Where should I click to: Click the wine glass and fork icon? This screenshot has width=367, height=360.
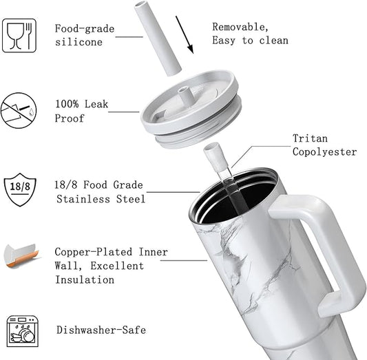point(19,36)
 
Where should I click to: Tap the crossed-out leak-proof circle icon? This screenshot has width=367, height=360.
point(19,110)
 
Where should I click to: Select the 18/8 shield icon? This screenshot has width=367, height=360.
point(20,189)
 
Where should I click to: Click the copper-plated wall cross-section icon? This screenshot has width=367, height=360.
point(21,256)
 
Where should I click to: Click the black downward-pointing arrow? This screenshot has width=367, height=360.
point(185,34)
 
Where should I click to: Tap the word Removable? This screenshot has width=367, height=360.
point(240,27)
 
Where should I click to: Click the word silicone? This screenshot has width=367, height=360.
point(79,42)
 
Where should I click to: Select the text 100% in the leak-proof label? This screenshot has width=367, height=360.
point(67,104)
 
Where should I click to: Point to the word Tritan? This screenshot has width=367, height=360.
point(310,138)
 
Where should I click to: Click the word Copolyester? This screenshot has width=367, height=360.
point(324,152)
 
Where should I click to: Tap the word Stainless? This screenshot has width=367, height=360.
point(83,200)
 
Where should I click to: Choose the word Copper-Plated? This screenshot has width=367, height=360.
point(94,252)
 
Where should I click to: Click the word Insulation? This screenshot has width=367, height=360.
point(85,279)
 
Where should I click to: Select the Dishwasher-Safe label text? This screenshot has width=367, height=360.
point(101,330)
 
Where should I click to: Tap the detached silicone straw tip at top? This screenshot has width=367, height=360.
point(158,38)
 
